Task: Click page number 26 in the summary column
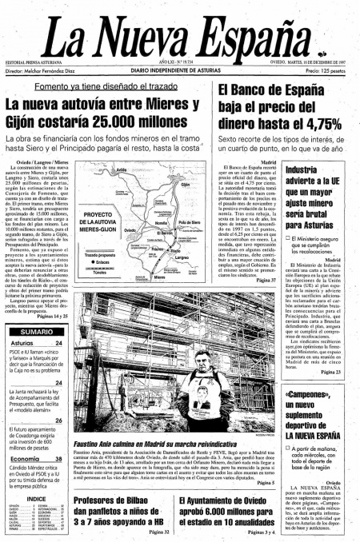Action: (x=58, y=420)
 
